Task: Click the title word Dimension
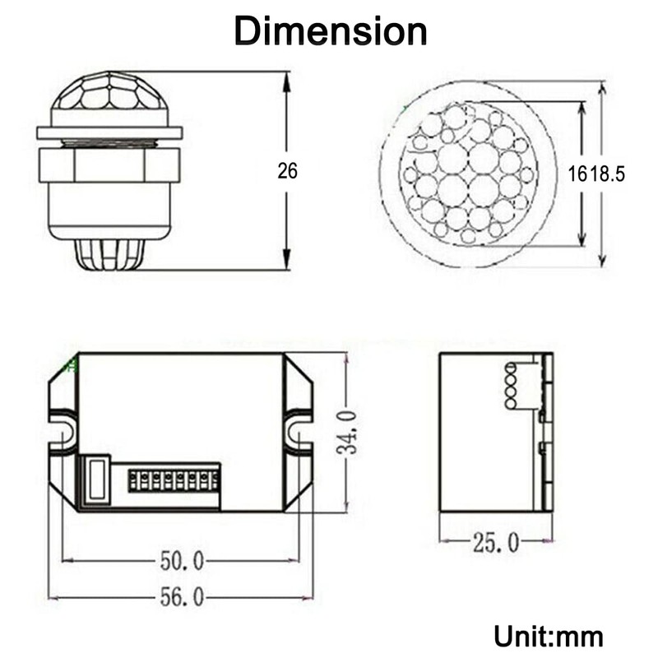point(330,31)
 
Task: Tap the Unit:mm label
point(549,635)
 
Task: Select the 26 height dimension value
point(287,171)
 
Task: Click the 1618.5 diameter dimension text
point(597,174)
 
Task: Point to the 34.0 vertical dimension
point(350,433)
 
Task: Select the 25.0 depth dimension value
point(495,542)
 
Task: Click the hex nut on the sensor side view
point(109,164)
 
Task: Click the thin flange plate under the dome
point(109,132)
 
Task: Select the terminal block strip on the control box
point(174,480)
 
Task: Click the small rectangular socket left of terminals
point(97,479)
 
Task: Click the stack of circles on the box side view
point(510,387)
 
